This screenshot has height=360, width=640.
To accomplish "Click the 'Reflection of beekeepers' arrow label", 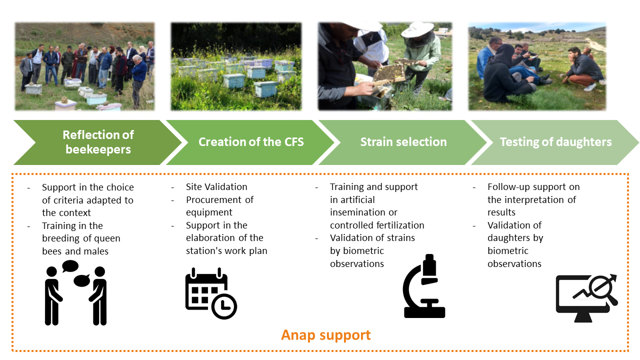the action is click(98, 142).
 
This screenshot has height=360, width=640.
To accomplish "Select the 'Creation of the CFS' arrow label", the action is click(251, 142).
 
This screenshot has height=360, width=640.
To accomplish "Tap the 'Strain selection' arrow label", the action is click(403, 142).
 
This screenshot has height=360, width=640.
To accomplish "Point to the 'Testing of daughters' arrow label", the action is click(555, 142).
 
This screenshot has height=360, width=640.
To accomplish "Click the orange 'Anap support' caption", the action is click(325, 335).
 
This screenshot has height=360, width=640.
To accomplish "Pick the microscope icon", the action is click(424, 286).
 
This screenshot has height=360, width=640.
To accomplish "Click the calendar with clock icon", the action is click(211, 293).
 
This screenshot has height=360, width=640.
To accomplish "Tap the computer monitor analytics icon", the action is click(587, 298).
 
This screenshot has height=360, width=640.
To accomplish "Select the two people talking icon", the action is click(75, 292).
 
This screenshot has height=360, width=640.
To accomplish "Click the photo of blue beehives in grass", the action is click(236, 66).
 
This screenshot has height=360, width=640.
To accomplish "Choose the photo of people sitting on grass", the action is click(537, 66).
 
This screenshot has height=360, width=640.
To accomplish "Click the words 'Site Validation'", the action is click(216, 187).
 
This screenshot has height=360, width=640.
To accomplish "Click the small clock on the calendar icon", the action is click(224, 306).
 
